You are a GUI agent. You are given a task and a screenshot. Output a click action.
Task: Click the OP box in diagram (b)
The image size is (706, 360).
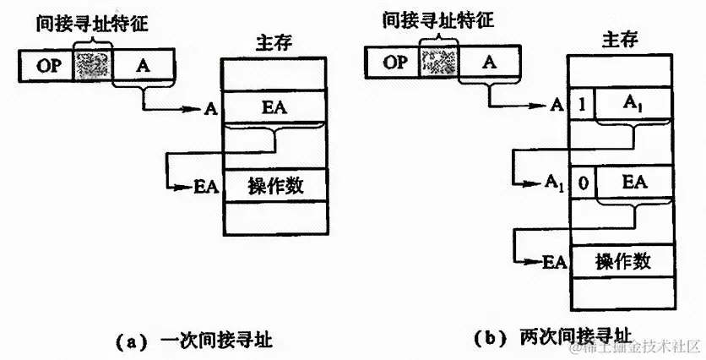(394, 61)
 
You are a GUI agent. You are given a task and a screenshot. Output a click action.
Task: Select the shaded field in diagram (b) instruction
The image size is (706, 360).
(438, 61)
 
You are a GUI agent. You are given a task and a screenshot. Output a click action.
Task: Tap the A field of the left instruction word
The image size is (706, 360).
(143, 64)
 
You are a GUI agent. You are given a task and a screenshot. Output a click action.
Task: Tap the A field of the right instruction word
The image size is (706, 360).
(489, 61)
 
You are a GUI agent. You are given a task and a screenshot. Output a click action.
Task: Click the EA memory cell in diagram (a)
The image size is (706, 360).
(273, 107)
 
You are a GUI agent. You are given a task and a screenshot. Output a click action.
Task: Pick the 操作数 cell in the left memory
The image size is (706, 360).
(273, 185)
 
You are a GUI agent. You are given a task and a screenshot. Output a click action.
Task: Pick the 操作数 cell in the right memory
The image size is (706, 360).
(623, 259)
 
